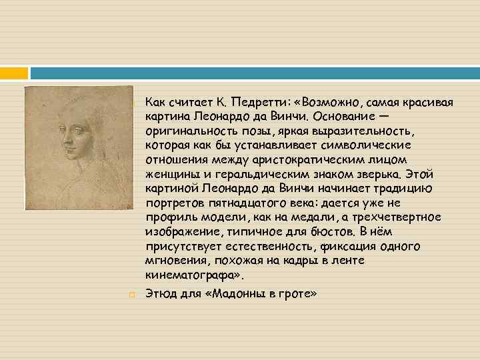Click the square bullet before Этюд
point(133,293)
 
